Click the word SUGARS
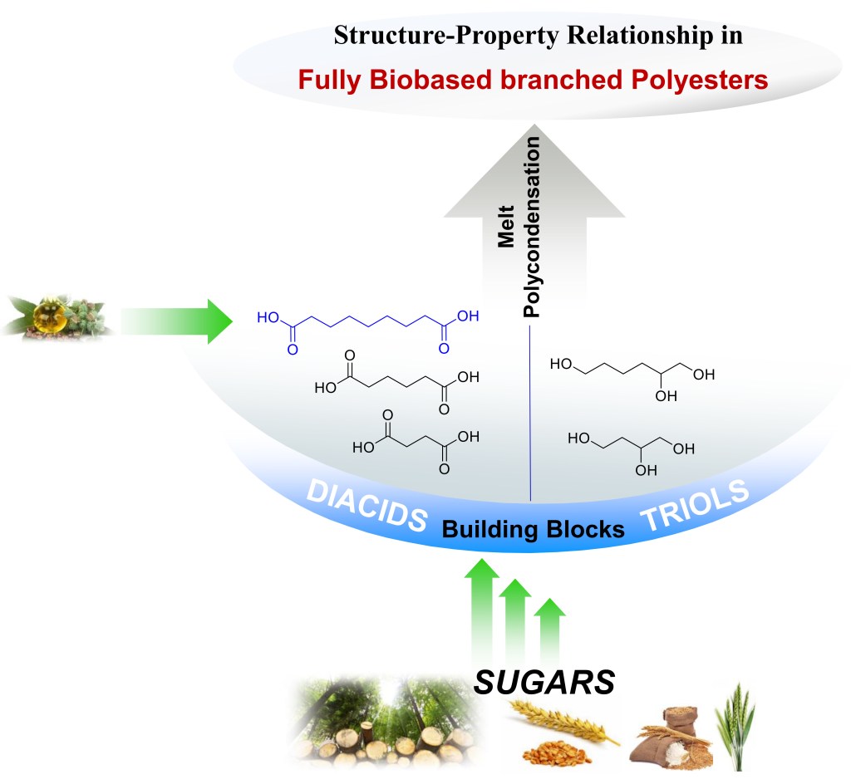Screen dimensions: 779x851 (x=544, y=681)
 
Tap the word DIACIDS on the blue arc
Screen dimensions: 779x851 (x=366, y=507)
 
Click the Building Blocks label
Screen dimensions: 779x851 (x=533, y=529)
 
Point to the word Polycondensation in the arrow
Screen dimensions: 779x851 (x=531, y=229)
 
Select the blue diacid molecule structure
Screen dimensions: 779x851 (x=368, y=329)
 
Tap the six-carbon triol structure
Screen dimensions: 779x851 (x=632, y=376)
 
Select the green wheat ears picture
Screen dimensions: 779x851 (x=736, y=727)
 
